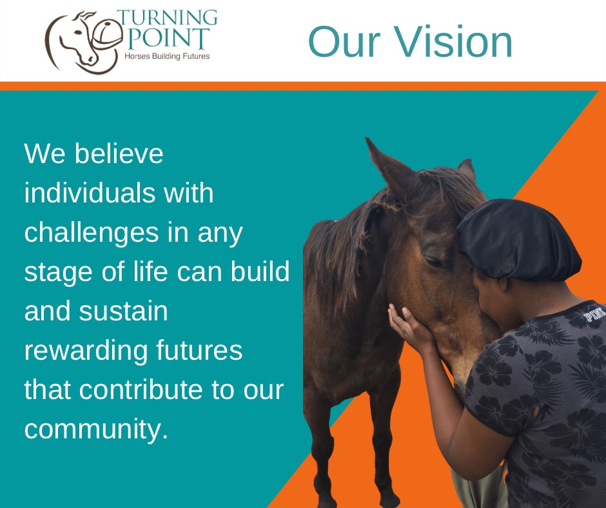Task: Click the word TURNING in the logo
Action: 167,18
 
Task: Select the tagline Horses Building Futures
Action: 167,56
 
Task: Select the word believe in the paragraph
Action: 119,153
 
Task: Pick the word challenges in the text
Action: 92,233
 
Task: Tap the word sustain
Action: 123,311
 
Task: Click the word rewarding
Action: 86,352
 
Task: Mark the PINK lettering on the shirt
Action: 594,314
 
